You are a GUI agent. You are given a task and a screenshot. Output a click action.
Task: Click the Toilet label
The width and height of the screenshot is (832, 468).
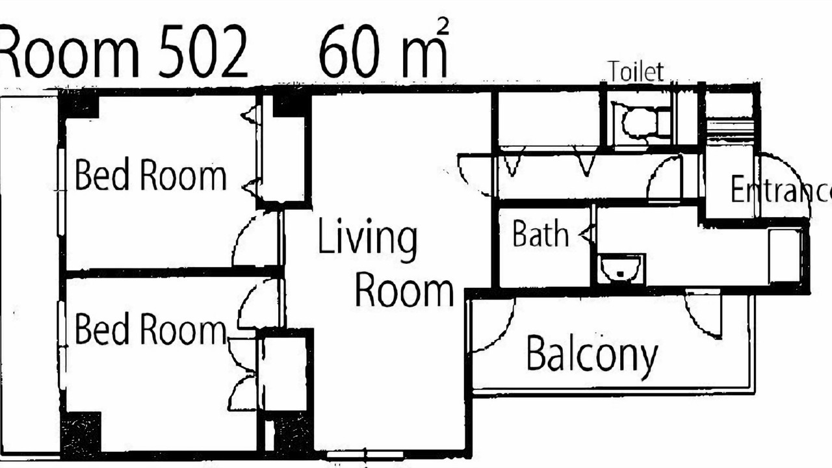[636, 71]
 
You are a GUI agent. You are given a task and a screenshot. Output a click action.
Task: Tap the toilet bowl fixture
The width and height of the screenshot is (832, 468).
[642, 123]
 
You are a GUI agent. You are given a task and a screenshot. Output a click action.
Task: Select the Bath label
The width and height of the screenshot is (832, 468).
[540, 233]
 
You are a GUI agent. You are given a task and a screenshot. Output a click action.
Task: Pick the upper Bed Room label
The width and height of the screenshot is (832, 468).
[150, 174]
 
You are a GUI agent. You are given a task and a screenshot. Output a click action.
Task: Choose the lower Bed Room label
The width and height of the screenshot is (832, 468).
[150, 329]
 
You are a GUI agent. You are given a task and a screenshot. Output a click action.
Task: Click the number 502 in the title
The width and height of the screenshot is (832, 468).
[202, 51]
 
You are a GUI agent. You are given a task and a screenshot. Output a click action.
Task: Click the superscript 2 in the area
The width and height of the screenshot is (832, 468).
[443, 27]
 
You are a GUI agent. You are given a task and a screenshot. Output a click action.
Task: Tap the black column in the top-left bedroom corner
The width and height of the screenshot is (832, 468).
[79, 105]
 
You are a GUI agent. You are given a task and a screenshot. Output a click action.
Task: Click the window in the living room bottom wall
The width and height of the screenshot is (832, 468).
[365, 455]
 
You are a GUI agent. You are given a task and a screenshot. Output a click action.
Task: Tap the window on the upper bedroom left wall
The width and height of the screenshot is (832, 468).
[62, 192]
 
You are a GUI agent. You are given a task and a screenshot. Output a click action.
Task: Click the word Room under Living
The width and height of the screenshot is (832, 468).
[405, 289]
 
